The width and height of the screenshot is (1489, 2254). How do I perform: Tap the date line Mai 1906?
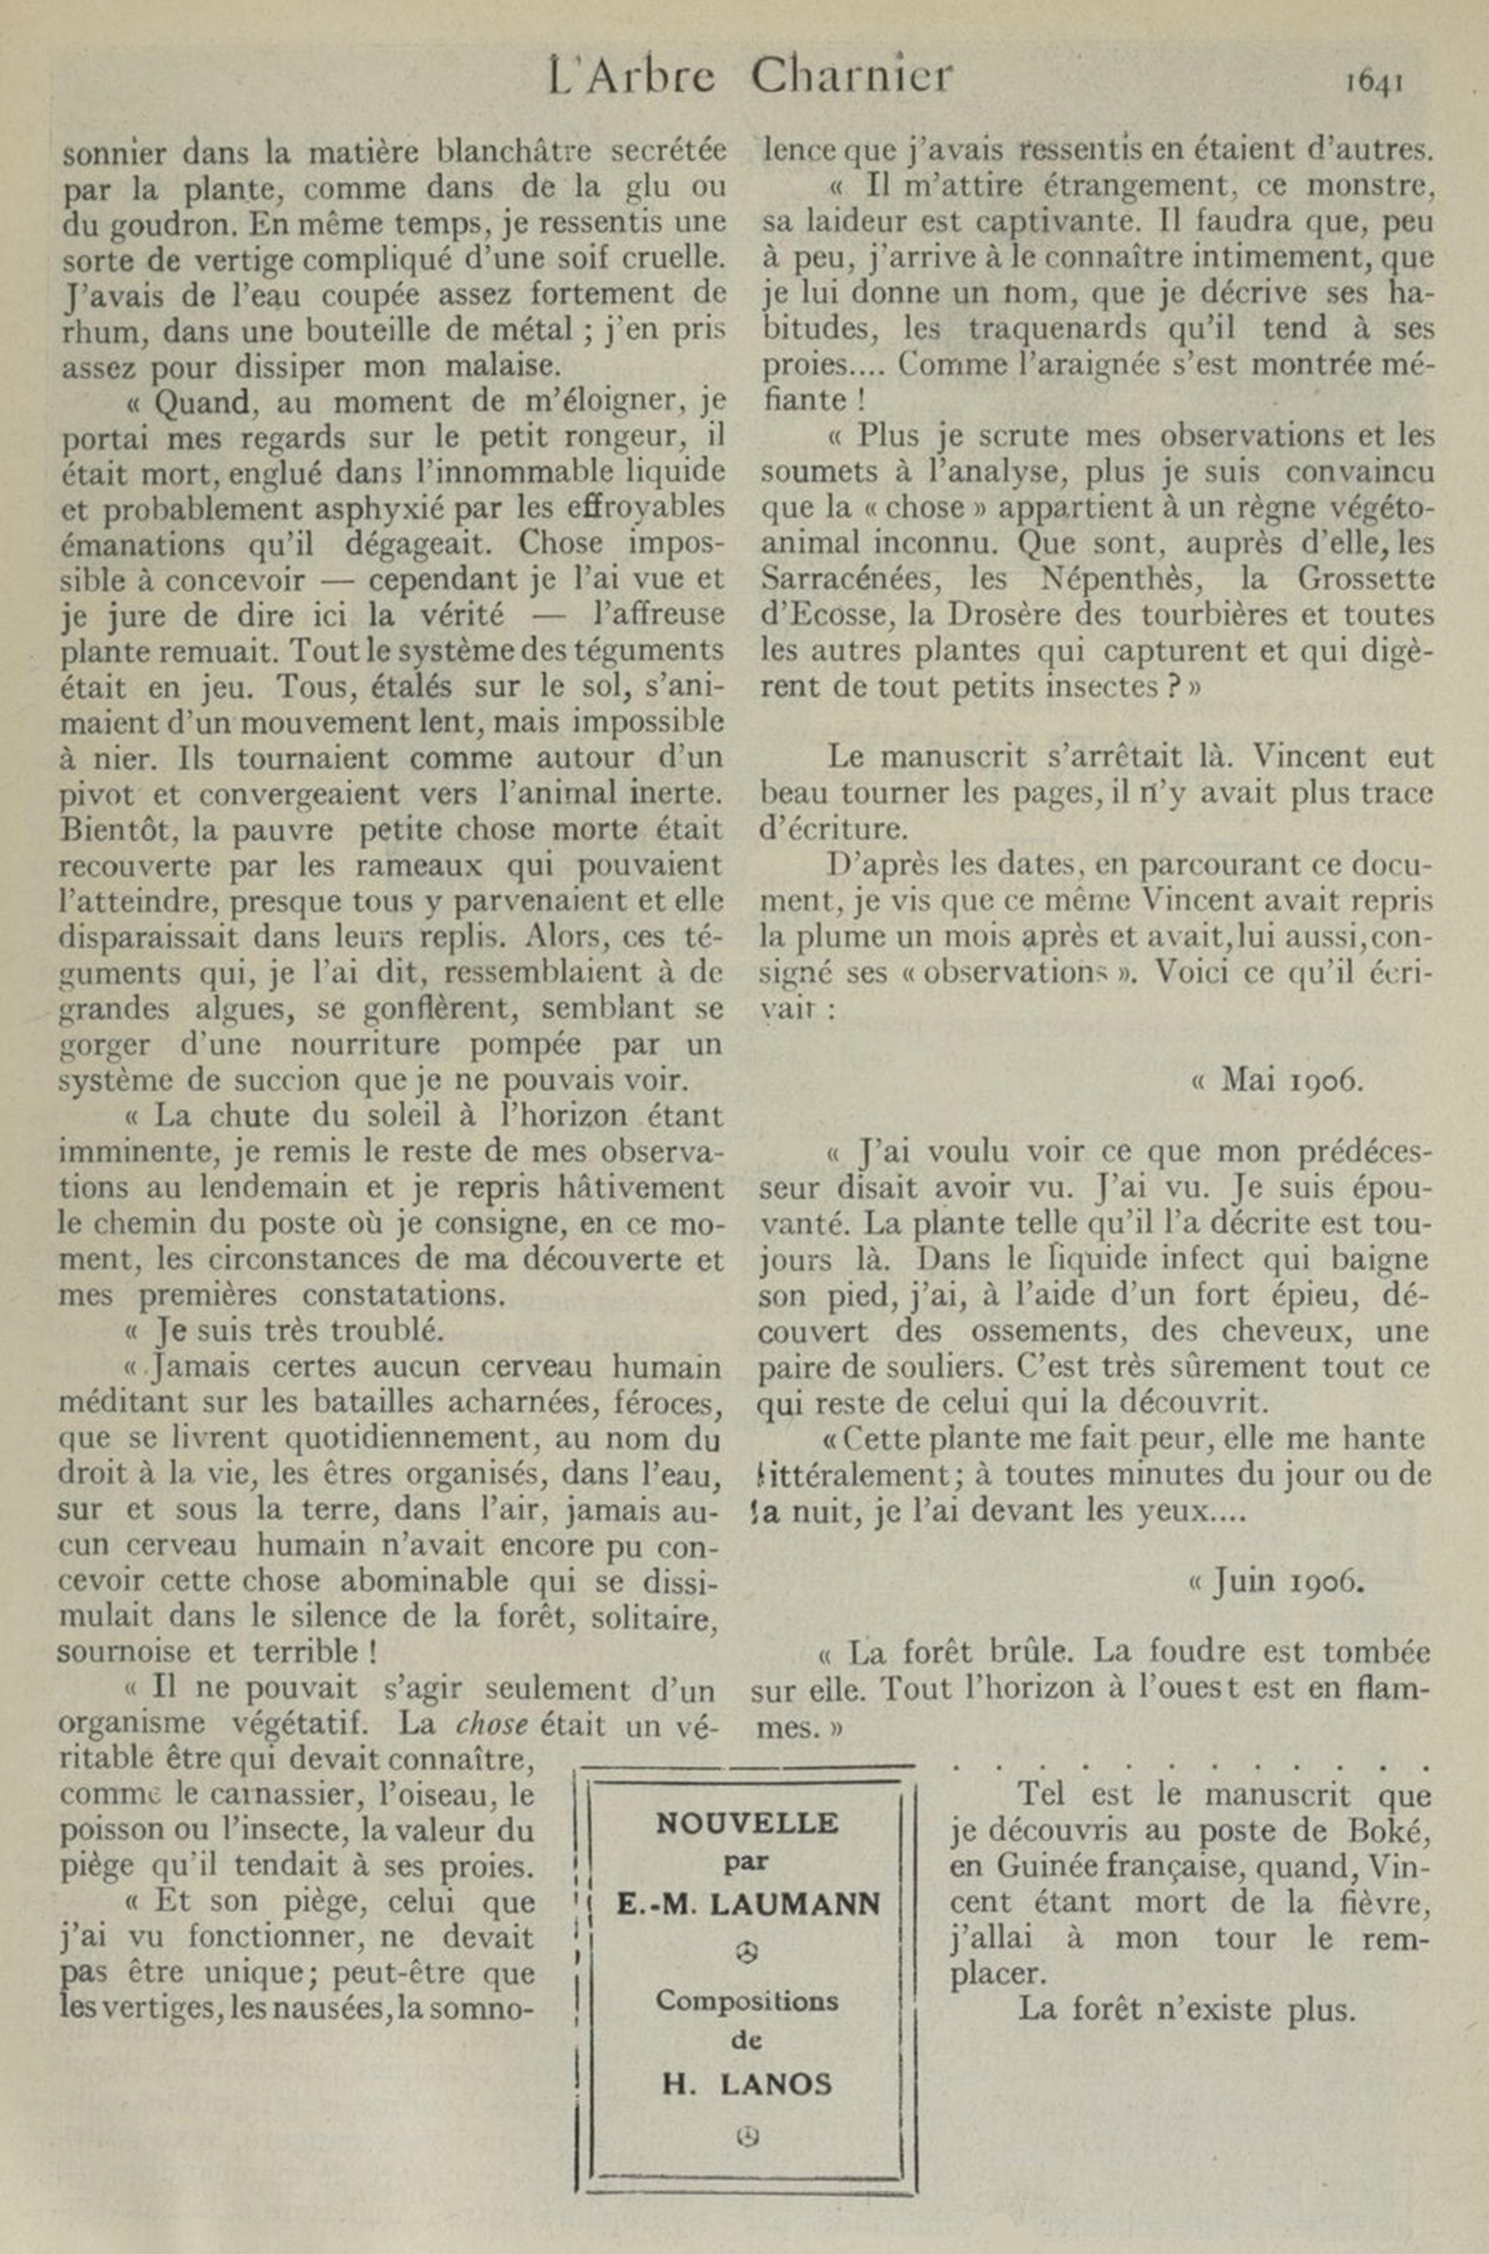tap(1279, 1079)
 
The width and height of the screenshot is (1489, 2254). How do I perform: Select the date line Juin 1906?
tap(1277, 1581)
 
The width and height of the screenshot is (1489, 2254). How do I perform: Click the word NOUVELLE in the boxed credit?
tap(747, 1824)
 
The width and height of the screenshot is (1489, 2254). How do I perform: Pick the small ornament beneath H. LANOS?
tap(747, 2137)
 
